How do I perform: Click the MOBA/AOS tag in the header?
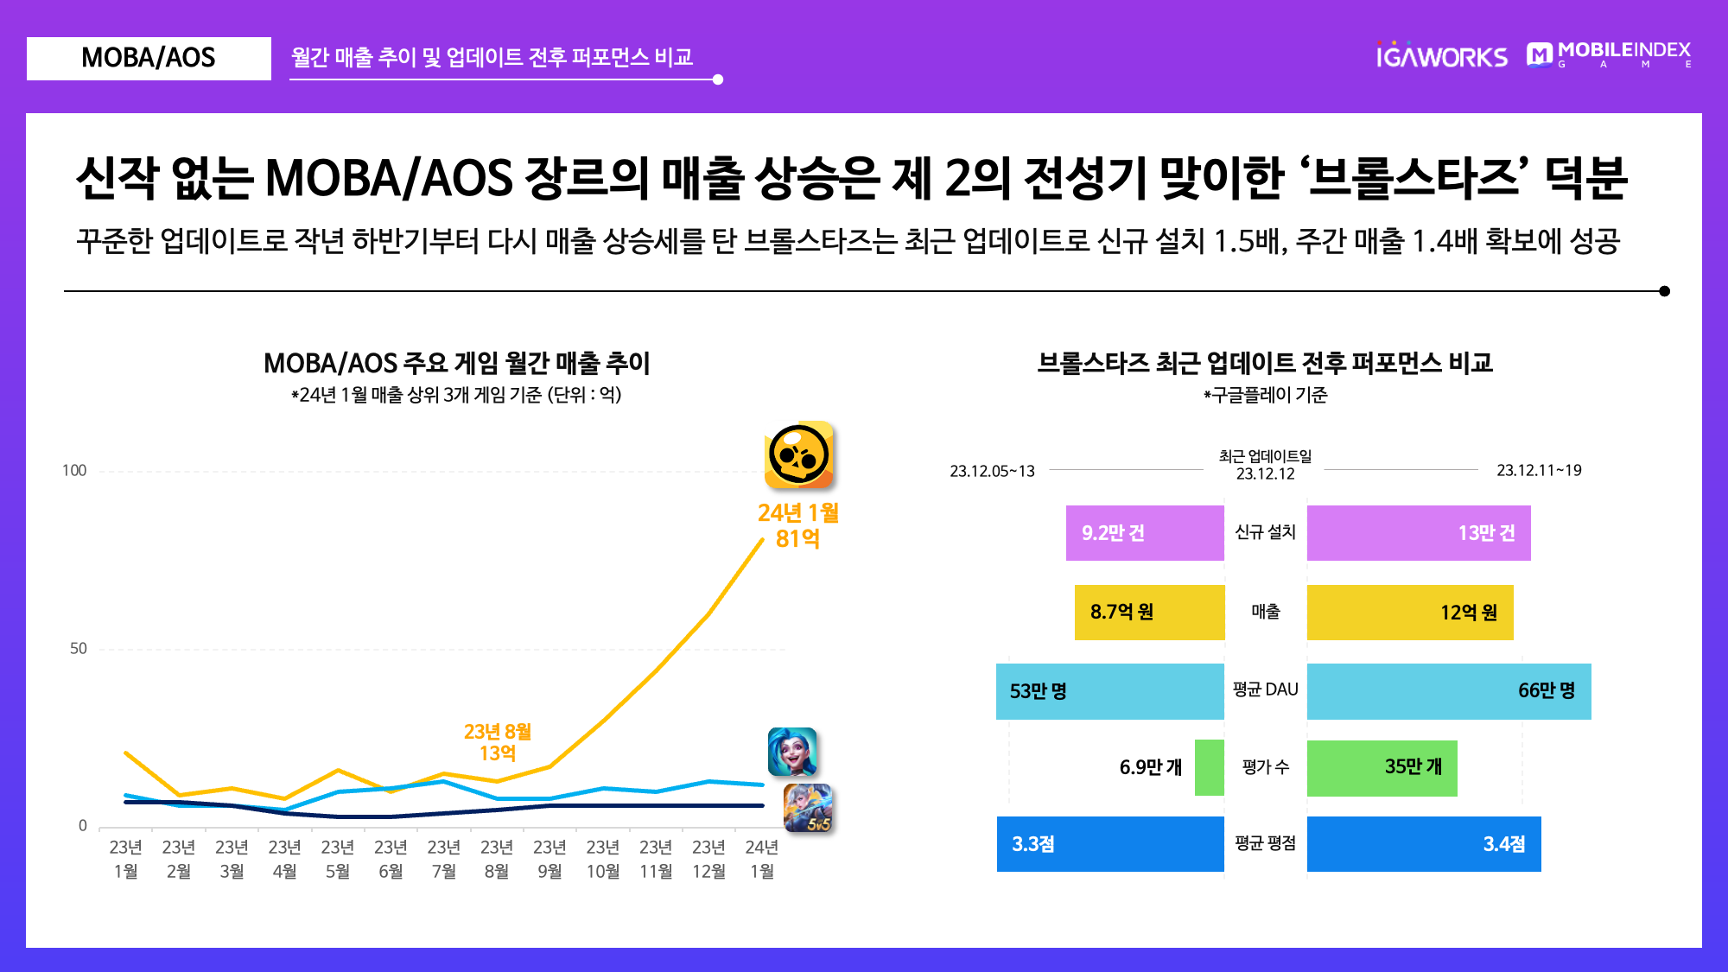(149, 59)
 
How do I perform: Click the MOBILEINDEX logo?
(1609, 54)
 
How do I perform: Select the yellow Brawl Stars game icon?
(799, 455)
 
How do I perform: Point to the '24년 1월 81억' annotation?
(798, 525)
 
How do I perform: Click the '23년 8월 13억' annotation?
(498, 742)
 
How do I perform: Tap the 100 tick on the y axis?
(74, 471)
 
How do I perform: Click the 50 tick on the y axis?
(79, 649)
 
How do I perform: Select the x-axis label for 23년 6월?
(391, 859)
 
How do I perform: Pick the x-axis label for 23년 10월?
(603, 859)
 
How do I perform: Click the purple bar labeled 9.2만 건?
(1145, 533)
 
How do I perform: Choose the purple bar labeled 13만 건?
(1419, 533)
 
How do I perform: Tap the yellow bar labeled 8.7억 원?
(1150, 613)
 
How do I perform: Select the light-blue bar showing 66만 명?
(1449, 691)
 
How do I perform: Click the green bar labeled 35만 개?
(1382, 768)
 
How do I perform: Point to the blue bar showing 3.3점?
(1110, 844)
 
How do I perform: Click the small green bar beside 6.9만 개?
(1210, 768)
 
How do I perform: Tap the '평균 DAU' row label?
(1266, 689)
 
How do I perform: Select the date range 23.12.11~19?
(1540, 471)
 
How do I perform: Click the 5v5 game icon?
(808, 808)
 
